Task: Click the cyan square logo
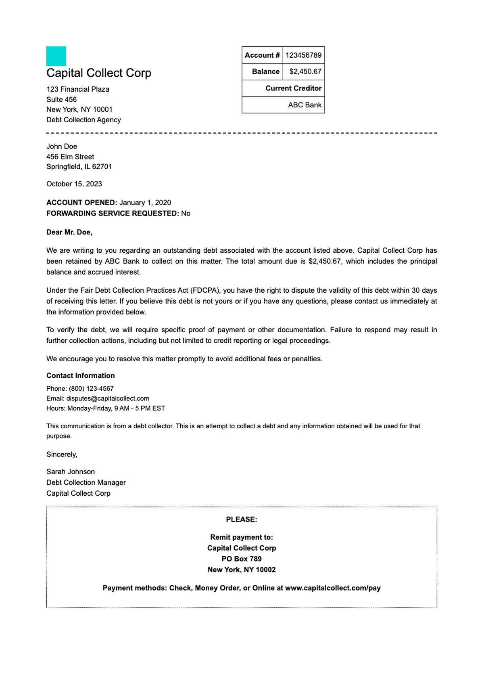(x=56, y=56)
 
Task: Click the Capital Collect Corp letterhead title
(x=99, y=73)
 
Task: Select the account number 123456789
(x=303, y=55)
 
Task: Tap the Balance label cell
(x=265, y=71)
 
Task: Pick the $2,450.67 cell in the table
(x=305, y=71)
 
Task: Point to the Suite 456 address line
(x=61, y=99)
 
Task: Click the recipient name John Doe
(x=62, y=147)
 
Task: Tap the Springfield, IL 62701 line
(x=79, y=167)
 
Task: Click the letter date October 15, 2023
(x=74, y=184)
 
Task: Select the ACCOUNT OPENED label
(x=81, y=203)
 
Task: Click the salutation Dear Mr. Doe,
(x=69, y=232)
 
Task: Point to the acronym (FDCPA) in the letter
(x=205, y=290)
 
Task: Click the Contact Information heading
(x=81, y=375)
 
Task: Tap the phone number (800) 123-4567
(x=91, y=388)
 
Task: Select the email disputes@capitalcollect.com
(x=108, y=398)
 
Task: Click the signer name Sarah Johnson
(x=71, y=471)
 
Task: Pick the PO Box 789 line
(x=242, y=559)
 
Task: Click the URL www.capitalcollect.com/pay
(x=333, y=588)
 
